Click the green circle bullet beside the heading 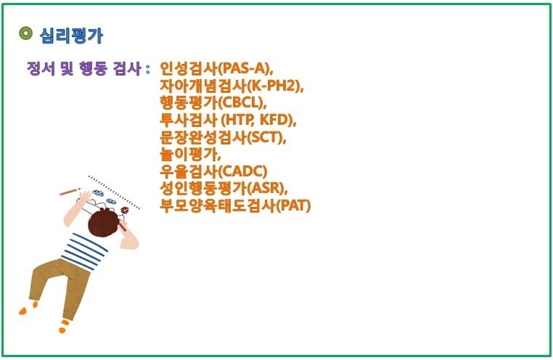(x=25, y=33)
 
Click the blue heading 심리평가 (x=71, y=36)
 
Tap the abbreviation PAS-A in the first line (x=244, y=68)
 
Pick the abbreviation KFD (x=274, y=120)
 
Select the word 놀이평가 (x=189, y=155)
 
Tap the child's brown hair (x=104, y=223)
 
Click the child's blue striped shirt (x=85, y=251)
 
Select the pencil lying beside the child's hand (x=70, y=192)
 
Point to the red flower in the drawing (x=125, y=210)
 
